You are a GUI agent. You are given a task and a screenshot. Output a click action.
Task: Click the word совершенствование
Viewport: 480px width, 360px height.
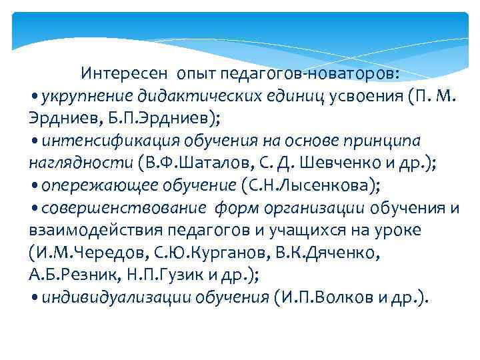click(124, 207)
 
